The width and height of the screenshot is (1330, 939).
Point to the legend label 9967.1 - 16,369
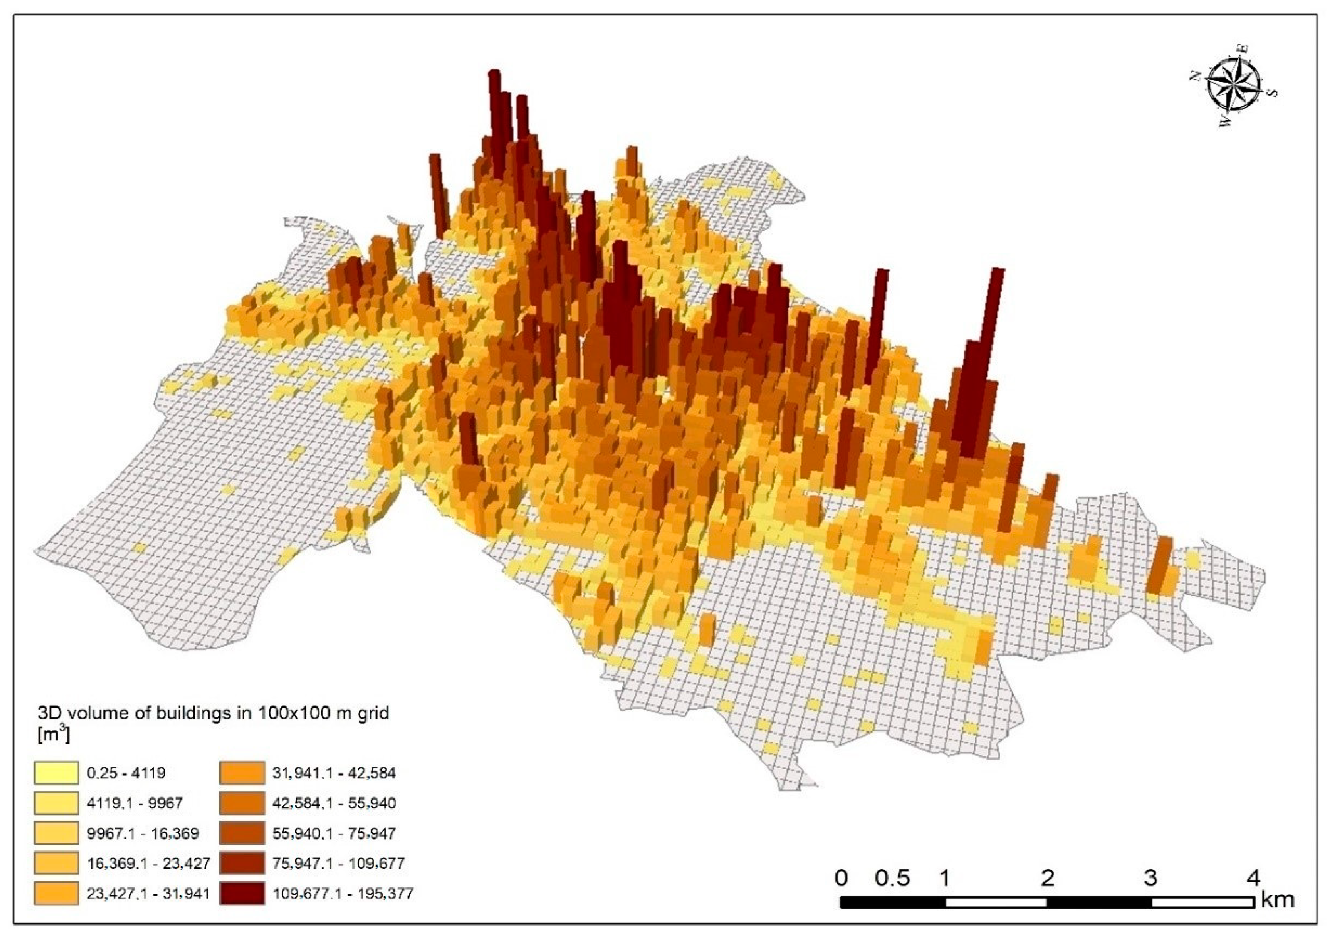click(x=143, y=833)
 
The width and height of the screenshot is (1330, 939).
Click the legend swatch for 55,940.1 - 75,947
click(x=241, y=833)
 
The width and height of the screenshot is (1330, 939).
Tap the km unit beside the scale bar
click(x=1277, y=900)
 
